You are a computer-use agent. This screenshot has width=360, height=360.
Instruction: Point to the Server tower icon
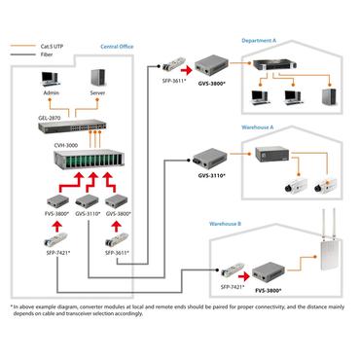[x=97, y=79]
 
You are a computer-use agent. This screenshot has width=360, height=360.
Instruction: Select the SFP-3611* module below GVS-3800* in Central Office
[x=118, y=238]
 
